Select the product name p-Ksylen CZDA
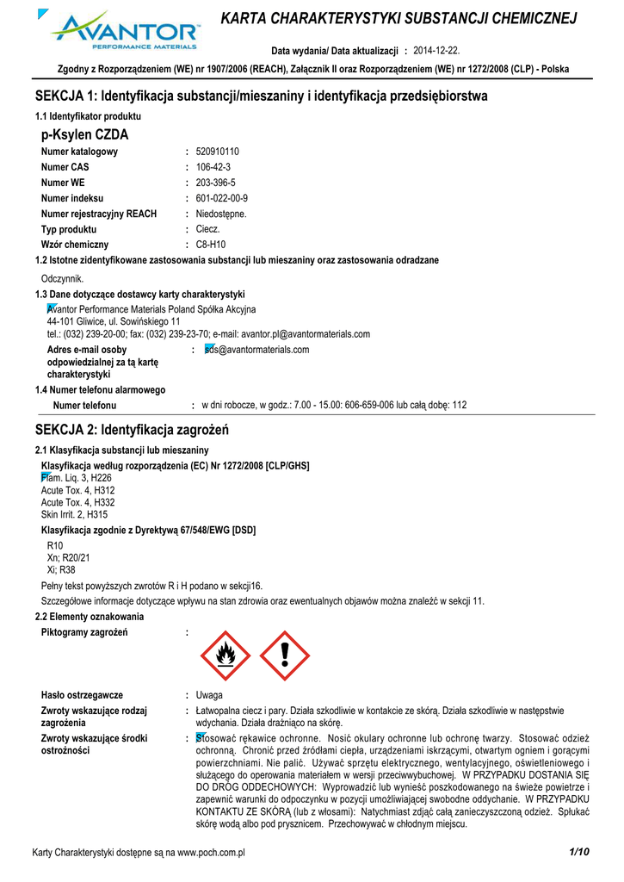84,135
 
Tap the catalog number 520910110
218,152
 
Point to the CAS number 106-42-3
213,167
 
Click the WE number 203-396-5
216,183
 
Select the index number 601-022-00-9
222,198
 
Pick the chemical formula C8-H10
211,245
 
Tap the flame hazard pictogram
226,655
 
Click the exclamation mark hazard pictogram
285,655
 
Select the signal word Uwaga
210,694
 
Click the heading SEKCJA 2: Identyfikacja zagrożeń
132,429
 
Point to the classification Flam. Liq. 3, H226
77,477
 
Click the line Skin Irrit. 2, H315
75,514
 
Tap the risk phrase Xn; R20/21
69,557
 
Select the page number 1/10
578,852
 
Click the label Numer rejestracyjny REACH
99,214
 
